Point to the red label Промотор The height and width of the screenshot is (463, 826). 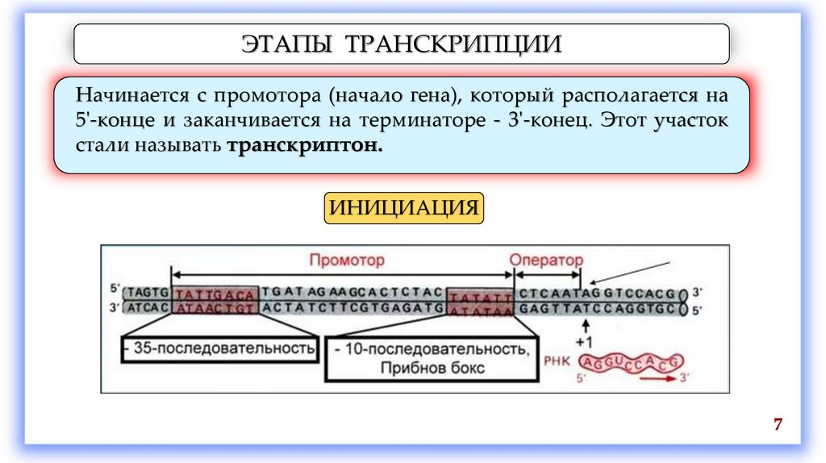click(x=347, y=260)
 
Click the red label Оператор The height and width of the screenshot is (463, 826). click(x=545, y=260)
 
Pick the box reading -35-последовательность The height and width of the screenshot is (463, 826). click(x=220, y=348)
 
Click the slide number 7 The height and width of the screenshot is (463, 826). click(x=778, y=425)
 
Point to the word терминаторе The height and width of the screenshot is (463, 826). click(x=461, y=122)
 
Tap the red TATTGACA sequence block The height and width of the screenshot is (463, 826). click(x=215, y=293)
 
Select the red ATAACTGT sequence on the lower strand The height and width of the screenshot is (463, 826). click(x=215, y=307)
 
